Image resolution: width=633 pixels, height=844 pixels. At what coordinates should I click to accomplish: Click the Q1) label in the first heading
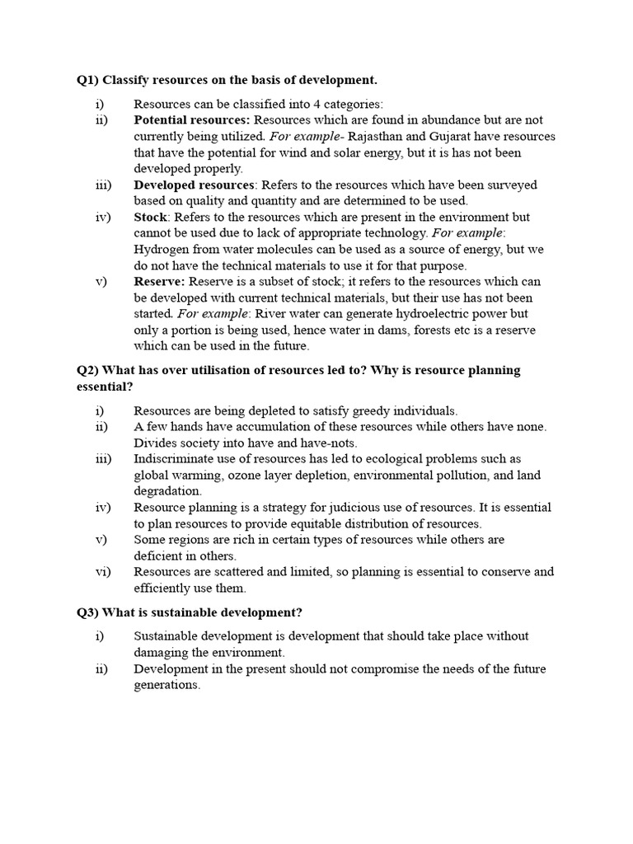pyautogui.click(x=87, y=80)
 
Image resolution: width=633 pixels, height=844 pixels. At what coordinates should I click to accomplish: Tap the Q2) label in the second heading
pyautogui.click(x=87, y=370)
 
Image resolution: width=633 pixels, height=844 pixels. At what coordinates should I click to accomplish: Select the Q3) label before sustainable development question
pyautogui.click(x=87, y=612)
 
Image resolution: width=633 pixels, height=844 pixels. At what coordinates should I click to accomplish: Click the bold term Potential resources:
pyautogui.click(x=185, y=120)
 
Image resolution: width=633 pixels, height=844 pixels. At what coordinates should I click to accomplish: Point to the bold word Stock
pyautogui.click(x=151, y=217)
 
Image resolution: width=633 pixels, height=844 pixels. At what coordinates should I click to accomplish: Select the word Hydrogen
pyautogui.click(x=162, y=249)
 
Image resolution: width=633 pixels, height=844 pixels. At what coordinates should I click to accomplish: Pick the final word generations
pyautogui.click(x=166, y=685)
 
